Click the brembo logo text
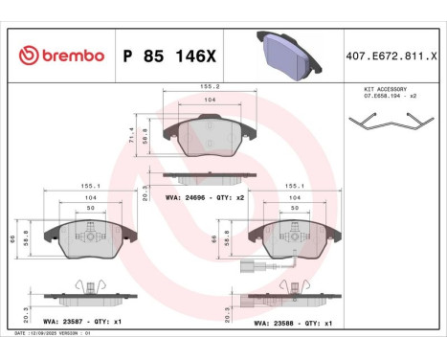[61, 56]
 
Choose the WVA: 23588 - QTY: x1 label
[291, 323]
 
